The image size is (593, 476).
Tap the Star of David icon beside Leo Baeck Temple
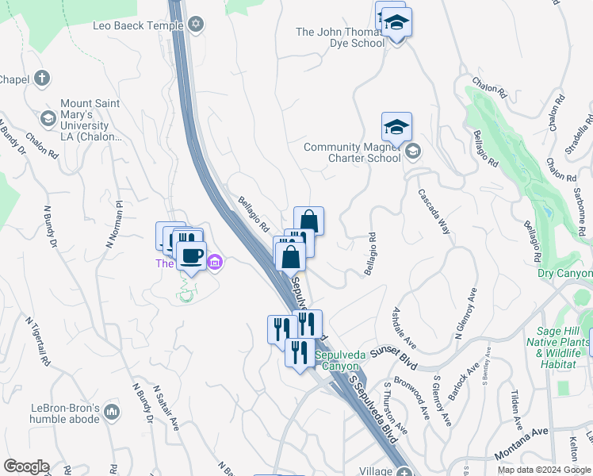(196, 25)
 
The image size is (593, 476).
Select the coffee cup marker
(190, 255)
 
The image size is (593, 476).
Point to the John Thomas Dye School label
(340, 37)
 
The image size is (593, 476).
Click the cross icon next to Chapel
(42, 79)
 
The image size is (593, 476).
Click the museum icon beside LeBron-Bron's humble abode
(111, 412)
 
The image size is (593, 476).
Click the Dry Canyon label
(564, 274)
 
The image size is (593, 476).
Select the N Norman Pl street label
(113, 225)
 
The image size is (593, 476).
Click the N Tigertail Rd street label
(39, 342)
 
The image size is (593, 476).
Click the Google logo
(26, 466)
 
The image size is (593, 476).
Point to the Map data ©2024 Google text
(543, 470)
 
